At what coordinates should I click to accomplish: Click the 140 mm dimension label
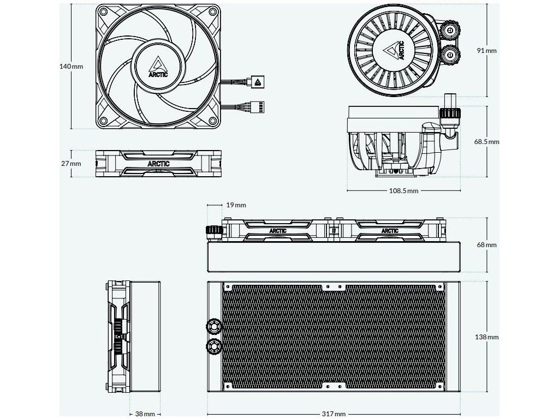71,66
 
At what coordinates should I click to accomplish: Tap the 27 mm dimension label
71,164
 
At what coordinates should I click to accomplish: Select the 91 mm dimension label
486,50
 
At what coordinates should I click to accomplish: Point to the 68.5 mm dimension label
486,141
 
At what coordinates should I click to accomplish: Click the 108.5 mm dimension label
404,191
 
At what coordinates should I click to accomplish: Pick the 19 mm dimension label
236,205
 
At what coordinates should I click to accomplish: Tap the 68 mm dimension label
486,245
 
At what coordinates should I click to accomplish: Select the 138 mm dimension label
486,337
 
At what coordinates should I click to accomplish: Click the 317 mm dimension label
334,414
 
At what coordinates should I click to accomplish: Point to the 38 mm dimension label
145,414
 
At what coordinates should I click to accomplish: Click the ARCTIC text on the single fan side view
158,164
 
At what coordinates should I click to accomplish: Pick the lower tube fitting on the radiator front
213,345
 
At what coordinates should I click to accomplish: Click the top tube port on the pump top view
453,28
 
